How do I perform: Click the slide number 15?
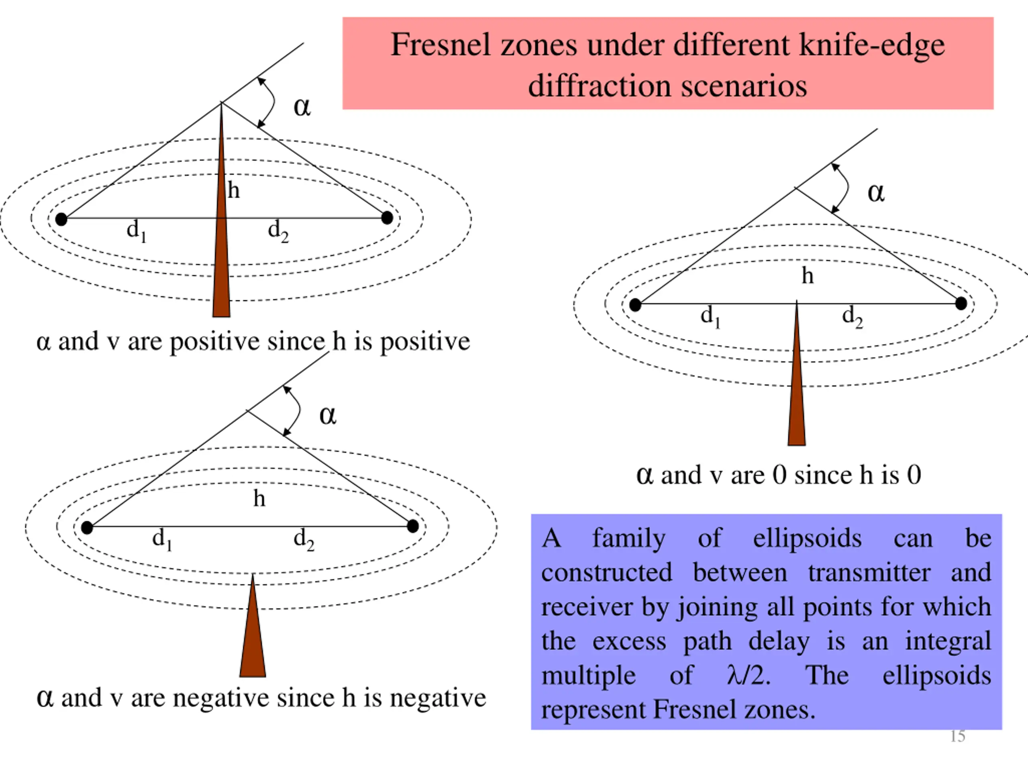tap(957, 736)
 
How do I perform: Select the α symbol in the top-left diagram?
tap(302, 107)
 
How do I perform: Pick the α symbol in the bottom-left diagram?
tap(328, 416)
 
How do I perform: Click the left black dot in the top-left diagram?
tap(61, 219)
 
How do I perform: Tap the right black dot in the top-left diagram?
tap(387, 218)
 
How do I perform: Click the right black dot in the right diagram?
tap(961, 304)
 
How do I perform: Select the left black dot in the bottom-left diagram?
tap(87, 528)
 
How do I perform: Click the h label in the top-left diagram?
tap(234, 191)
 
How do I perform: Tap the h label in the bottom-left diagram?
tap(259, 499)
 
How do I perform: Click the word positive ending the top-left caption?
tap(425, 342)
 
